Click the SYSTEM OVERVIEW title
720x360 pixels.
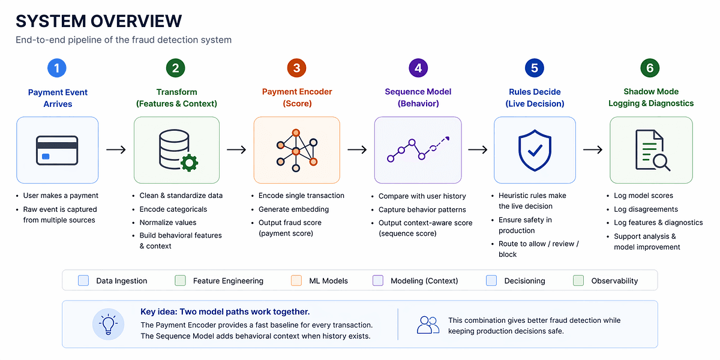[98, 21]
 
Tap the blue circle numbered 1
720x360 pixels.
[57, 68]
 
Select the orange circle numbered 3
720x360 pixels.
[296, 68]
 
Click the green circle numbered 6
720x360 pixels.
[650, 68]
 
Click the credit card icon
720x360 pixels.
[57, 149]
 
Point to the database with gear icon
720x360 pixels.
[176, 150]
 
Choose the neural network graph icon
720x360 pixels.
[296, 150]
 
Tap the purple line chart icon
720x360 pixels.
[418, 149]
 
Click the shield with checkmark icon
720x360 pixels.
[535, 150]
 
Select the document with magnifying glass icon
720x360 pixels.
[652, 151]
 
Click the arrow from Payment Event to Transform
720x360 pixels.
[116, 149]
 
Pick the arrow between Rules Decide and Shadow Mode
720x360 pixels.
[593, 149]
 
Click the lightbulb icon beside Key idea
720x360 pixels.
[109, 324]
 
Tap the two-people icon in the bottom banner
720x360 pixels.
[428, 325]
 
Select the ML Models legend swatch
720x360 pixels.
[296, 280]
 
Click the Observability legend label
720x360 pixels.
[614, 281]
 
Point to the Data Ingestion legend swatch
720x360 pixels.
[83, 280]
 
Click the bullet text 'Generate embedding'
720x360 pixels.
[293, 209]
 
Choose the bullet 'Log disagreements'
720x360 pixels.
[646, 209]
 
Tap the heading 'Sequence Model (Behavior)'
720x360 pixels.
[418, 98]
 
